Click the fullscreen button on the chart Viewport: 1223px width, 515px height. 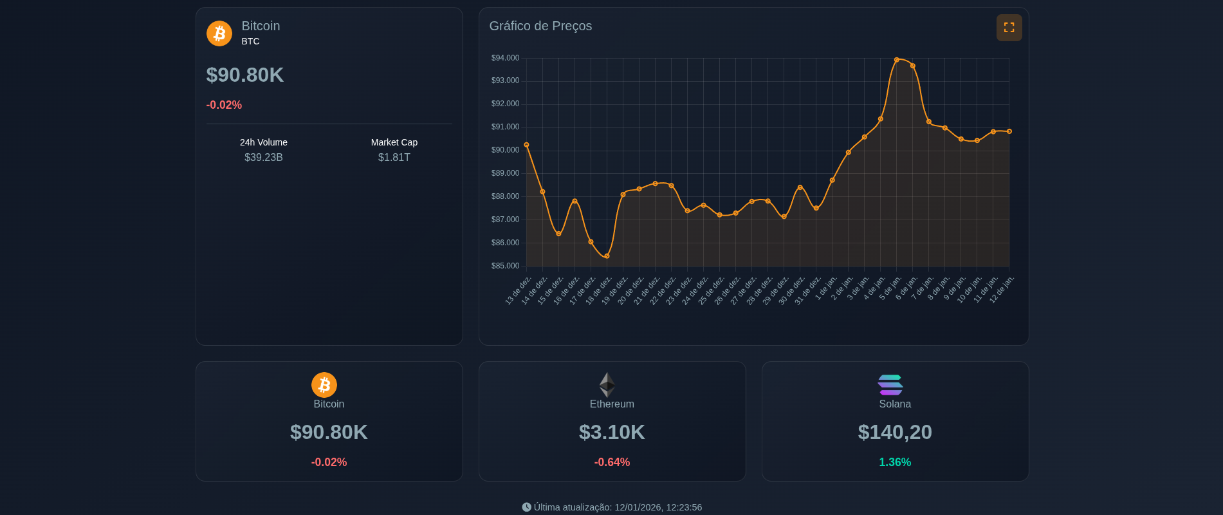pos(1009,28)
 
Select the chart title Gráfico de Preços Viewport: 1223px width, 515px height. pos(540,26)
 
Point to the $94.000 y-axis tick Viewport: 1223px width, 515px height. pos(505,58)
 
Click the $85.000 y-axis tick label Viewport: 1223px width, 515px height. pos(505,266)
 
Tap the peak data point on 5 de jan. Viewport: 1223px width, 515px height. pos(896,60)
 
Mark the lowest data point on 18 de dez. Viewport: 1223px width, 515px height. pos(607,256)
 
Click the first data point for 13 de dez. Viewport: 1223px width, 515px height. pos(526,145)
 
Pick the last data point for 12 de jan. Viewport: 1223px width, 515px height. pos(1009,131)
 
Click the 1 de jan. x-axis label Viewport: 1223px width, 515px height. pos(826,288)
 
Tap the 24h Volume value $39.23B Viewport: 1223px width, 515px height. pos(264,158)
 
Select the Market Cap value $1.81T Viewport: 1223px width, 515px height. pos(394,158)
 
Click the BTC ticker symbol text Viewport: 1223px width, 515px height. pos(251,41)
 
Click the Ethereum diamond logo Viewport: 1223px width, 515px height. pos(607,385)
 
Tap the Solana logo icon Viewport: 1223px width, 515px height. pos(890,385)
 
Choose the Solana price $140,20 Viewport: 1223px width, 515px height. pos(895,432)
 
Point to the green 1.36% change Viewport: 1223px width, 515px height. pos(895,462)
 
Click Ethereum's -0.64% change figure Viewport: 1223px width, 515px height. pos(612,462)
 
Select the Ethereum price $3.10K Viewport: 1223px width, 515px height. pos(612,432)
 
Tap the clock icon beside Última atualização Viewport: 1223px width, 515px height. pos(526,507)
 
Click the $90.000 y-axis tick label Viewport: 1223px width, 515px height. pos(505,150)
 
